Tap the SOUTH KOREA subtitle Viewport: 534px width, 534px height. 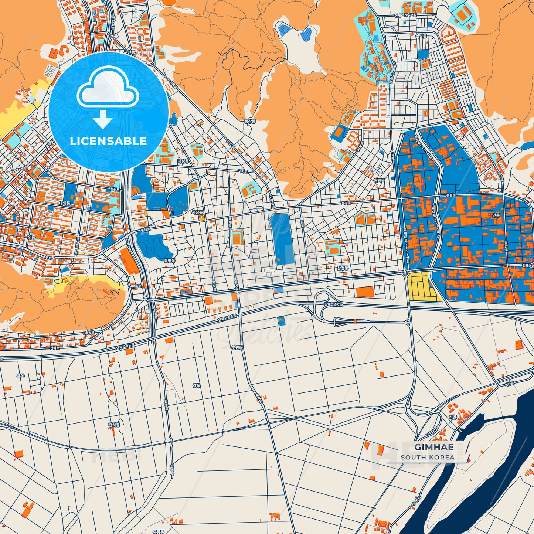(x=428, y=457)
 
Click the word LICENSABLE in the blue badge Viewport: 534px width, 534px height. (x=108, y=141)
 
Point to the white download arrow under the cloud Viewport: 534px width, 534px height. (x=103, y=119)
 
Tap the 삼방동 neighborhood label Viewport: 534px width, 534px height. (x=421, y=36)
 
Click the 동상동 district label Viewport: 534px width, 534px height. (x=250, y=121)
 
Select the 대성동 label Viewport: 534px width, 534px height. (x=183, y=161)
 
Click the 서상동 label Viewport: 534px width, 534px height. (x=197, y=212)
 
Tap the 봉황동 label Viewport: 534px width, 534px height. (x=169, y=260)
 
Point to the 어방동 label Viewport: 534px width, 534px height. (x=379, y=180)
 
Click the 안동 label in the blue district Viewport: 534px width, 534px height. (x=496, y=215)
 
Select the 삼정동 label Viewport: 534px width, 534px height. (x=343, y=268)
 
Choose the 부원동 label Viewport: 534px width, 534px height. (x=237, y=347)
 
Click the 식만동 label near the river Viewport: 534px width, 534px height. (x=454, y=417)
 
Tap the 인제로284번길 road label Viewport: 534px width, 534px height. (x=405, y=15)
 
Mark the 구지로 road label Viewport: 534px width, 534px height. (x=242, y=171)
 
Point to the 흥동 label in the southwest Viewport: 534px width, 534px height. (x=20, y=375)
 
